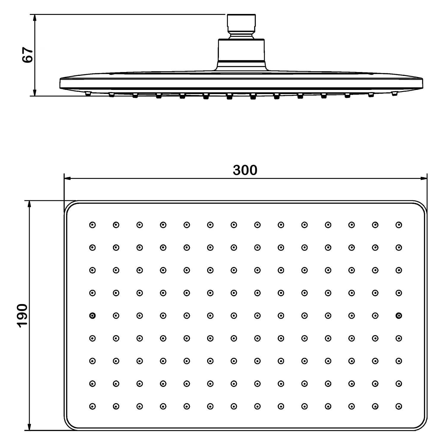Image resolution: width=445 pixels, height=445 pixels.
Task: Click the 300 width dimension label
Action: (245, 170)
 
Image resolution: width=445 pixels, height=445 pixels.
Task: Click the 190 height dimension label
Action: (23, 316)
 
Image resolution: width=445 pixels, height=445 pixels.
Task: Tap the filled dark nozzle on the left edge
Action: (93, 316)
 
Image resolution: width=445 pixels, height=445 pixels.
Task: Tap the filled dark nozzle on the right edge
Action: (399, 316)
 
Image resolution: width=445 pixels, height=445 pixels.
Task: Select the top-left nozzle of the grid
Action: (93, 225)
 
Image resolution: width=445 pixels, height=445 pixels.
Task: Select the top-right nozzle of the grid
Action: (399, 225)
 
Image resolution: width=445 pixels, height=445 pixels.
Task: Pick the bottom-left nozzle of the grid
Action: (93, 406)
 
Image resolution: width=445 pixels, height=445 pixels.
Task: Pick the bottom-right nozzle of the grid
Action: (399, 406)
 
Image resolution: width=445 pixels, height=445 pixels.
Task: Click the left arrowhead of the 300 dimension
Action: (68, 178)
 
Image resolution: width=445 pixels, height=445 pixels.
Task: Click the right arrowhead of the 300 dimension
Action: (424, 178)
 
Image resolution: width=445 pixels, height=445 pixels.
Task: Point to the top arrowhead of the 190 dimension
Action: (29, 204)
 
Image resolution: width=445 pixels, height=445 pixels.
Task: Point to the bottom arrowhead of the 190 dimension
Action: (29, 427)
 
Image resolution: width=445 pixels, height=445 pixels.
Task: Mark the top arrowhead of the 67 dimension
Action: (35, 18)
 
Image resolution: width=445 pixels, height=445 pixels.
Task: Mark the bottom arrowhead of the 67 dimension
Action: (35, 92)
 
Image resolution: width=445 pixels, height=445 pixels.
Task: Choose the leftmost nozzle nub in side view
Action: (88, 94)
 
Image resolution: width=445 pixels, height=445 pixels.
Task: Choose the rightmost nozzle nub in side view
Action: (394, 93)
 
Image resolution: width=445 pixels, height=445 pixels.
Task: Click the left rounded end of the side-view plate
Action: (61, 83)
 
